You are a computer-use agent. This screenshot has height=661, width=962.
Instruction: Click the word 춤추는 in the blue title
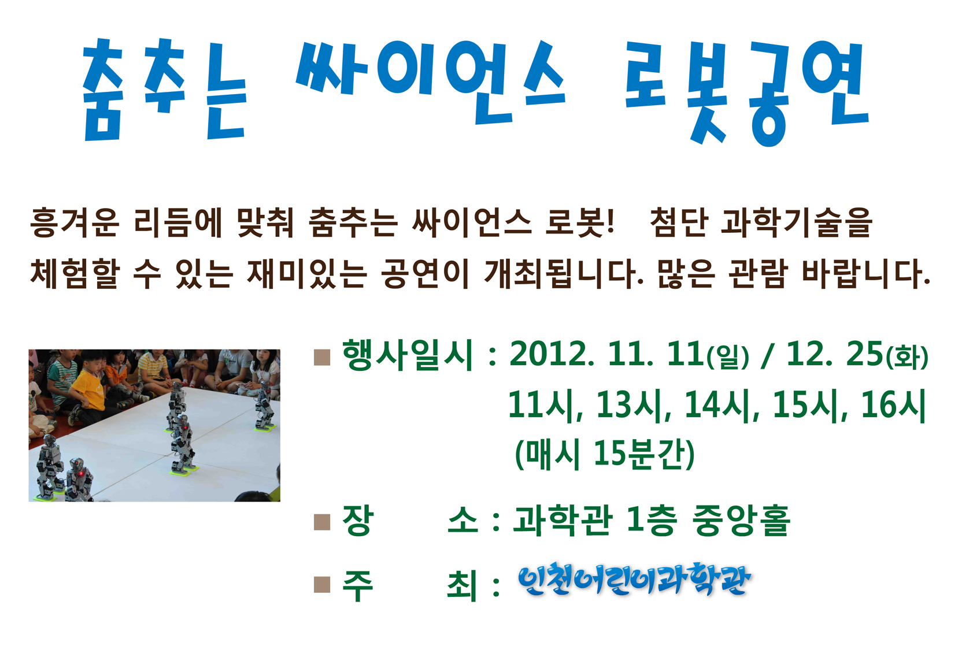[165, 90]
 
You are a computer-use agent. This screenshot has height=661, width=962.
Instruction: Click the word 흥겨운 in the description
[75, 222]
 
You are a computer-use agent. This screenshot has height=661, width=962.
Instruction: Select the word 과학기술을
[797, 222]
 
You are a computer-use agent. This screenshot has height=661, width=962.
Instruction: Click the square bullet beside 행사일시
[322, 357]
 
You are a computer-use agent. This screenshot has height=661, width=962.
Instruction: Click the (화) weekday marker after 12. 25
[907, 357]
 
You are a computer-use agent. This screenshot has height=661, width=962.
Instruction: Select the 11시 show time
[545, 405]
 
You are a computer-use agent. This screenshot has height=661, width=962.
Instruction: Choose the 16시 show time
[893, 405]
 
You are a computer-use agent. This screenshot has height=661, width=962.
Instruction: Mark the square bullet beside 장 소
[322, 522]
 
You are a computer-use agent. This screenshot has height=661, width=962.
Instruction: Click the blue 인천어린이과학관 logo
[635, 579]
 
